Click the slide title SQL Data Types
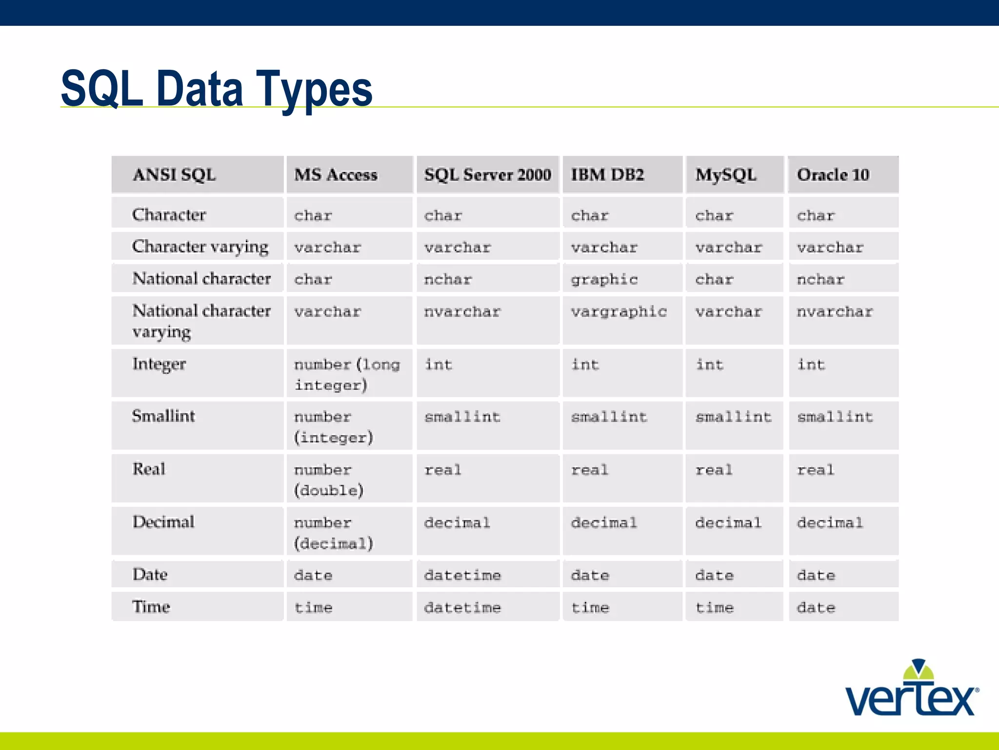pos(217,89)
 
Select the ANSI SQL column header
pos(174,175)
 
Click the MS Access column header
pos(336,175)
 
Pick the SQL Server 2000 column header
pos(487,175)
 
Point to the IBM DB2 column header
pos(607,175)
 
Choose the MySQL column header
pos(726,175)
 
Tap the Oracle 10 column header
pos(833,175)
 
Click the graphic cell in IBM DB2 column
pos(604,279)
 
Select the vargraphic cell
pos(619,312)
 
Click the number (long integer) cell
pos(346,375)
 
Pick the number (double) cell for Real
pos(328,479)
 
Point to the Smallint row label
pos(163,416)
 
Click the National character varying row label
pos(201,321)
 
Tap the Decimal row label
pos(163,522)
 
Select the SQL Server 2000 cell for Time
pos(462,607)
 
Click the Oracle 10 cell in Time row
pos(816,607)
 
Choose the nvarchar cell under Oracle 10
pos(835,312)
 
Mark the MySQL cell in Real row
pos(714,470)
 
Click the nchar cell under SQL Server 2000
pos(448,279)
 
